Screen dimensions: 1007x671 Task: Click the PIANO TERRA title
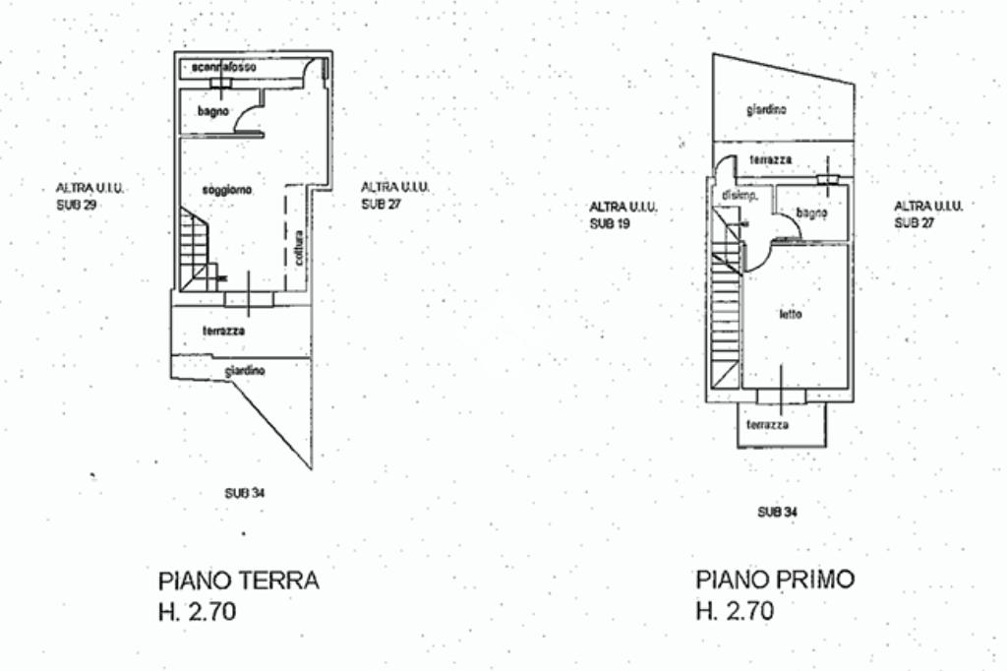[238, 579]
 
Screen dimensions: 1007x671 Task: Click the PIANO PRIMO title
[775, 579]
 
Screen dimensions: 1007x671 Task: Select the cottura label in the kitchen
[298, 247]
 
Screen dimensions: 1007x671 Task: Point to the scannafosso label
[225, 67]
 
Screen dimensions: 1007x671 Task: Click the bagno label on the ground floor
[212, 111]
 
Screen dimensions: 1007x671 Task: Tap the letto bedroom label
[791, 315]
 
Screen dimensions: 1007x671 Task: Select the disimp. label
[739, 197]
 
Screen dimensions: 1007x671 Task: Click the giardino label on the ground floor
[244, 371]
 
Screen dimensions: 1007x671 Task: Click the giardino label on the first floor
[766, 109]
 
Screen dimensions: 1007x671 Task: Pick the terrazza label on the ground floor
[224, 331]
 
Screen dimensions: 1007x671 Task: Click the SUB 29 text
[76, 206]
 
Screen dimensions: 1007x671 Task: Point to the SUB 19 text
[610, 223]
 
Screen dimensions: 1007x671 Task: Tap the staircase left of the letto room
[726, 305]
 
